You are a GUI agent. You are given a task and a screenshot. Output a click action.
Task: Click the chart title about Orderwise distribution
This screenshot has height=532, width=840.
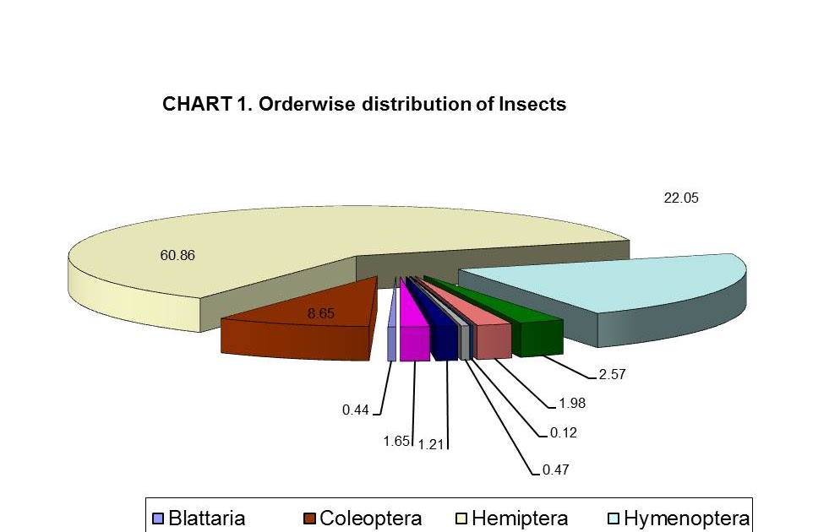(363, 105)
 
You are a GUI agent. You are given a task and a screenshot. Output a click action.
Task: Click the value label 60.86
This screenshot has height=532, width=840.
(177, 255)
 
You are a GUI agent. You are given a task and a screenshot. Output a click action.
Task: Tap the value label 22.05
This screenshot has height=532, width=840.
(681, 198)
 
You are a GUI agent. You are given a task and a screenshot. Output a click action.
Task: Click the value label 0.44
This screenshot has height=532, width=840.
(356, 410)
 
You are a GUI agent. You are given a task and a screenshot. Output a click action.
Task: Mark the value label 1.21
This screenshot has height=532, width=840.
(433, 442)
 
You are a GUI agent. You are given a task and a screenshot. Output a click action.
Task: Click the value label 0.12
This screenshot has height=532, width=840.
(565, 433)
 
